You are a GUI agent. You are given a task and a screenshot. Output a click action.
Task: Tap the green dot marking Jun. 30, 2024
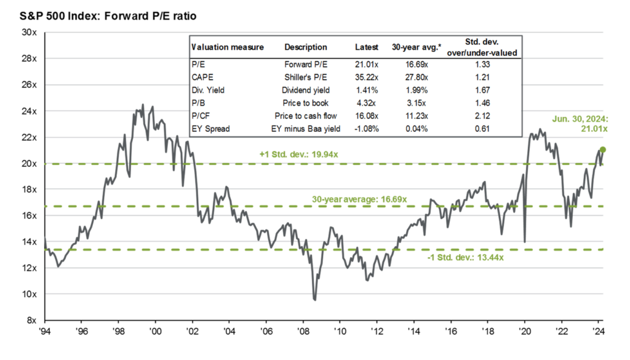[603, 150]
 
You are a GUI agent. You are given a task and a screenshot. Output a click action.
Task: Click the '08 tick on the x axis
[303, 331]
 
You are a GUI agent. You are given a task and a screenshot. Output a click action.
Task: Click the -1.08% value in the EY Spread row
[367, 128]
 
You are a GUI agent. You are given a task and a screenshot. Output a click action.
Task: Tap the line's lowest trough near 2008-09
[315, 300]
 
